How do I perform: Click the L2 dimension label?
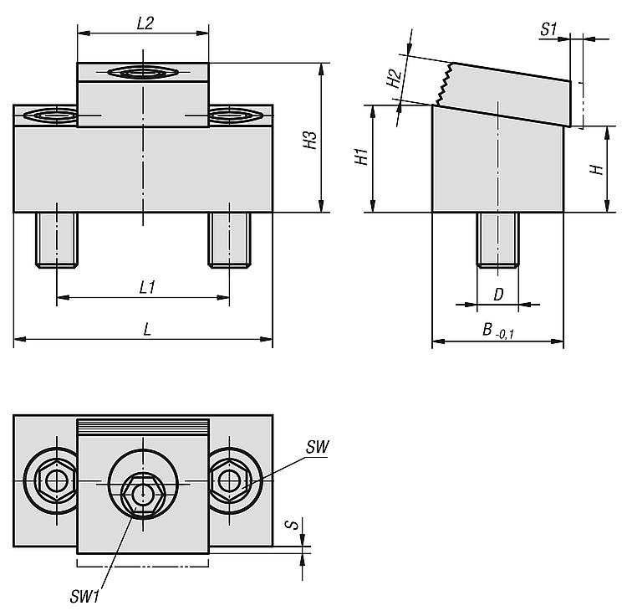coord(145,23)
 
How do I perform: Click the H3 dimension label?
coord(310,140)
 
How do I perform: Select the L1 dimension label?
coord(147,287)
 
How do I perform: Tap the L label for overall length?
coord(147,330)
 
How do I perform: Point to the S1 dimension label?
coord(548,29)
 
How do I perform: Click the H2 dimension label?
coord(394,78)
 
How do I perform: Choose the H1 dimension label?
coord(361,157)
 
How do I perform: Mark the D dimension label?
coord(498,295)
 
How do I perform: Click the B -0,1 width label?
coord(498,331)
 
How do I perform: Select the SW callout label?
coord(318,447)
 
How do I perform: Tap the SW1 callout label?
coord(84,597)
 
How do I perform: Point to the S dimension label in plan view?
coord(293,524)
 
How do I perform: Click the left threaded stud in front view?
coord(57,239)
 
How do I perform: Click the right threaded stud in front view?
coord(229,239)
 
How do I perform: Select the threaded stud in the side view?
coord(497,239)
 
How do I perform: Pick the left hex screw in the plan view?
coord(56,480)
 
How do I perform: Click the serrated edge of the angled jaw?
coord(444,84)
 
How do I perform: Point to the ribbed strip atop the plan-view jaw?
coord(143,428)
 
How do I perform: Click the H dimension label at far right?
coord(597,169)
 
